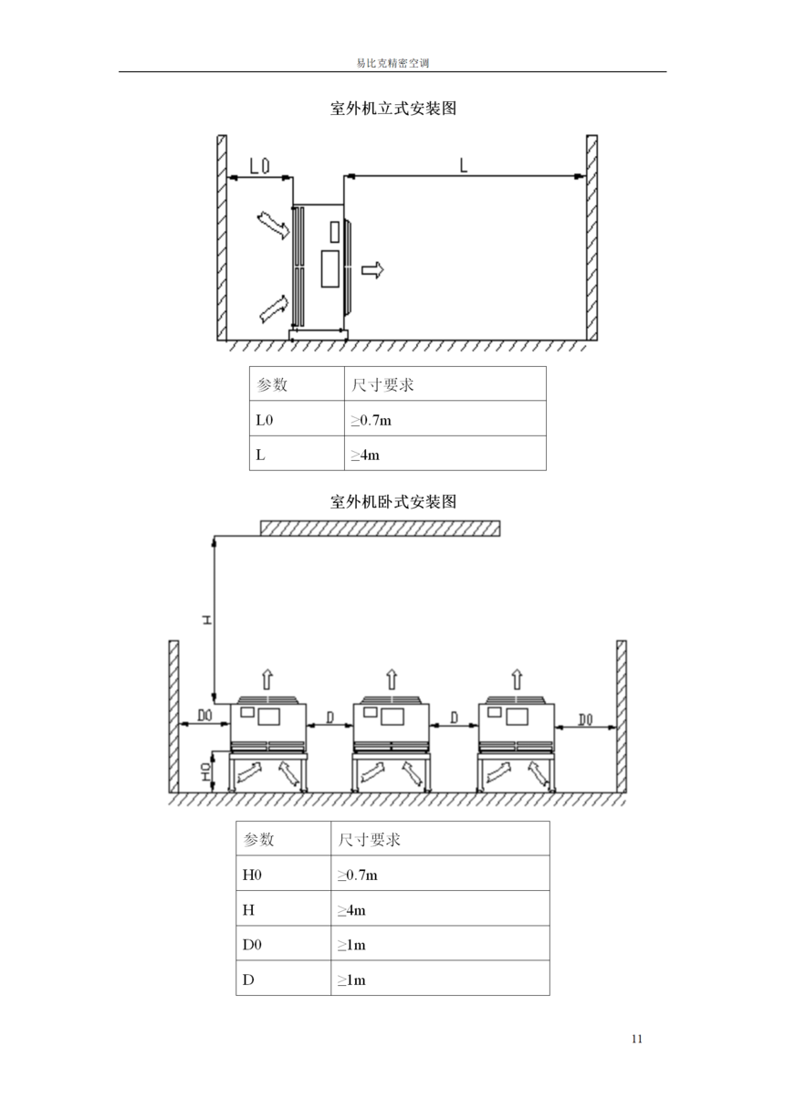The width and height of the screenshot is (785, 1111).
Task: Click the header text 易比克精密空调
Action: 392,64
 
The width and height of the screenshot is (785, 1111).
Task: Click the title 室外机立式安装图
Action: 393,108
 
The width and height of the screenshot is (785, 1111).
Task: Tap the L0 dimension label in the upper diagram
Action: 259,165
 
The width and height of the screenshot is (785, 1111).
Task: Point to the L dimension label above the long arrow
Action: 464,165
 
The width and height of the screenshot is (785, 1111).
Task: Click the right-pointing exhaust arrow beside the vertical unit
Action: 372,270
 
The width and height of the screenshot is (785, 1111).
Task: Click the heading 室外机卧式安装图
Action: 393,501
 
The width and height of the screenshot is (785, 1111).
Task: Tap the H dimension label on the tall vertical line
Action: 207,620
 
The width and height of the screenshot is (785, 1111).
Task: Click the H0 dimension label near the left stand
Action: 206,771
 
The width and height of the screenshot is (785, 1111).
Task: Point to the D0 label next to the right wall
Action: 585,719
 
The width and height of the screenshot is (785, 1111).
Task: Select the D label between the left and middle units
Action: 330,718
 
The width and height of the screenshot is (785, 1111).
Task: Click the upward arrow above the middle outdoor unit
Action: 392,679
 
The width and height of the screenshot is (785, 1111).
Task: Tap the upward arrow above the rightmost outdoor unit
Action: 517,679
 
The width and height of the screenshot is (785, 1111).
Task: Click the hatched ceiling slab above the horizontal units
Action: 381,529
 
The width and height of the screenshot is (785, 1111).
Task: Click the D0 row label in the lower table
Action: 252,945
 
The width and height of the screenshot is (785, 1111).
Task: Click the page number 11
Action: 637,1039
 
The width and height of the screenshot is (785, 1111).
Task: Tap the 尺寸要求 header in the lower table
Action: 369,840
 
